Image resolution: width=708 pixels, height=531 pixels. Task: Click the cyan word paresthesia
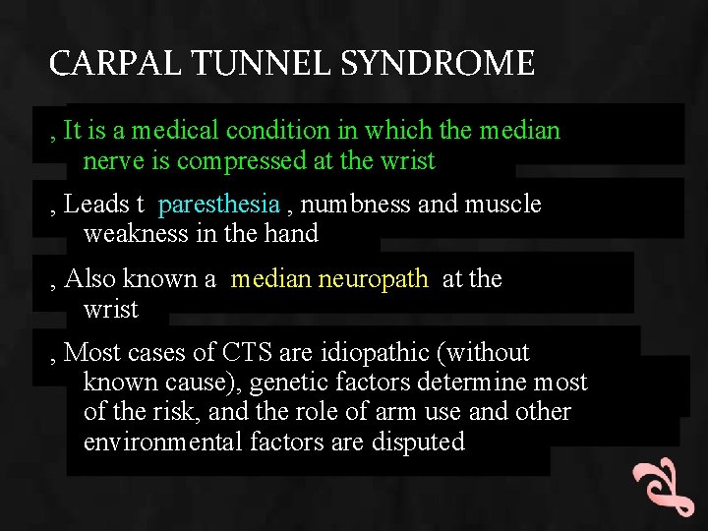pyautogui.click(x=218, y=205)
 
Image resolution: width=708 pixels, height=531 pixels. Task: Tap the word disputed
pyautogui.click(x=418, y=442)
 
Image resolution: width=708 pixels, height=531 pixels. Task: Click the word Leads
pyautogui.click(x=96, y=205)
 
